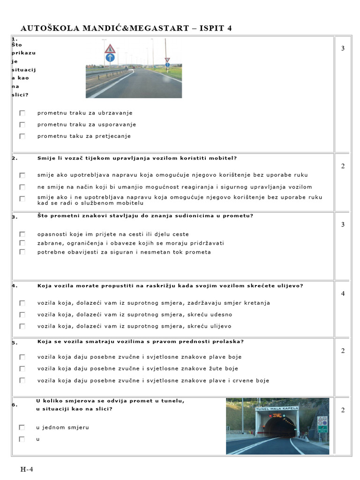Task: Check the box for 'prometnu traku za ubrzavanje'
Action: click(x=22, y=113)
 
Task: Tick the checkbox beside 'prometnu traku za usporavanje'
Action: click(x=22, y=125)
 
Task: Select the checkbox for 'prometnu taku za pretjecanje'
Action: click(x=22, y=136)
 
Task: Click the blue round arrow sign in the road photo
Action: click(x=110, y=58)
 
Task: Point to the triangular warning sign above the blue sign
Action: click(x=110, y=48)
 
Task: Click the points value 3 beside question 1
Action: click(x=343, y=48)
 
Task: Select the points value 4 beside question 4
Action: click(x=343, y=293)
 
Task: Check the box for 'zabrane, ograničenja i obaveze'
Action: click(x=22, y=243)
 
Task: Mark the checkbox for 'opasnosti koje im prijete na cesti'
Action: click(x=22, y=234)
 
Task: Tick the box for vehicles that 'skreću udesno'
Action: click(x=22, y=315)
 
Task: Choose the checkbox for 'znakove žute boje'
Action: click(x=22, y=369)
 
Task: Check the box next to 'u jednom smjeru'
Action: click(x=22, y=427)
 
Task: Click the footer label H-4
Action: click(x=26, y=469)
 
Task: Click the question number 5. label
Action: click(x=15, y=343)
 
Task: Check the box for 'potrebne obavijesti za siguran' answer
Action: click(x=22, y=252)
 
